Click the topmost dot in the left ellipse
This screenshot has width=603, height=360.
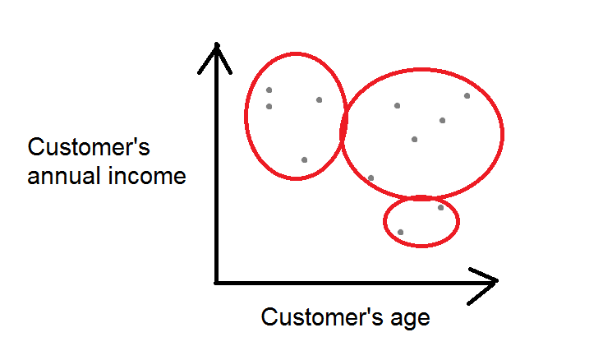click(x=269, y=90)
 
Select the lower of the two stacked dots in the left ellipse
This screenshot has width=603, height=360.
click(x=269, y=107)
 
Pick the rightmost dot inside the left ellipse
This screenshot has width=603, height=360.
click(x=320, y=100)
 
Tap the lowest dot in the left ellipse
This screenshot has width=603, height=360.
click(x=304, y=160)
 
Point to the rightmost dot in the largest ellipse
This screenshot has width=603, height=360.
click(x=467, y=96)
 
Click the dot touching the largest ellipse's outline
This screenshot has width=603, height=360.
click(x=371, y=178)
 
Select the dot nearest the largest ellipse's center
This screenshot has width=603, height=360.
click(x=414, y=139)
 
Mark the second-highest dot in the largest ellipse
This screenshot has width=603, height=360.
click(x=398, y=106)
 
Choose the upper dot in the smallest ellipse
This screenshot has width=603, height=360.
click(x=440, y=208)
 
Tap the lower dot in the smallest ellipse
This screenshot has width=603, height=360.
click(x=400, y=233)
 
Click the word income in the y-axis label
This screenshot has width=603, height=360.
click(x=147, y=176)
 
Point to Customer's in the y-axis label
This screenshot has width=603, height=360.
click(x=89, y=147)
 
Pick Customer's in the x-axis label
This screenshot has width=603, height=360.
click(x=322, y=317)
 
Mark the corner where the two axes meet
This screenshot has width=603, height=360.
click(x=217, y=283)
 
